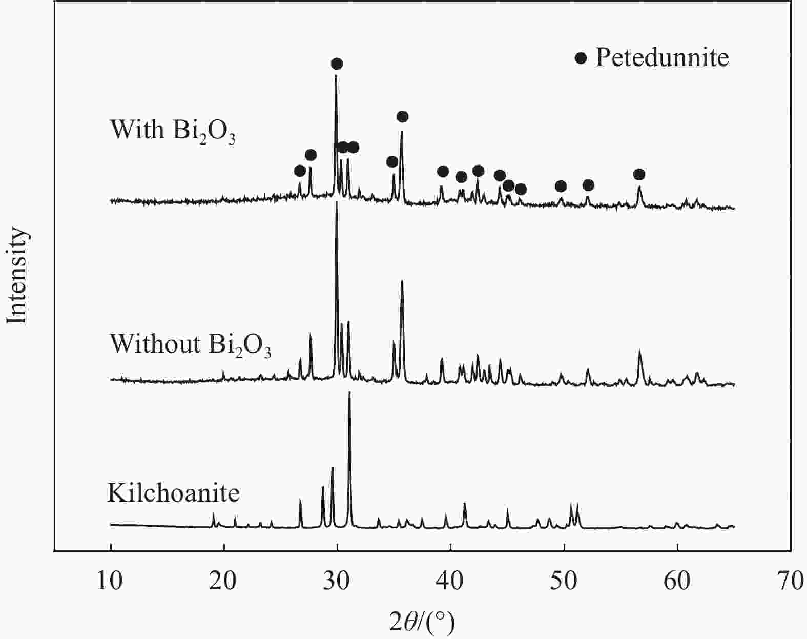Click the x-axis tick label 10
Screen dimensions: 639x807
110,583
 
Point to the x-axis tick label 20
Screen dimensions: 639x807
224,583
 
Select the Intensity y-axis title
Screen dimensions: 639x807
17,276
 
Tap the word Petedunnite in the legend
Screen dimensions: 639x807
662,58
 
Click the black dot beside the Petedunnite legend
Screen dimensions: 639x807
581,58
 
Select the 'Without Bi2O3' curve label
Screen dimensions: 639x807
190,344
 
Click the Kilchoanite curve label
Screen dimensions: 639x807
174,493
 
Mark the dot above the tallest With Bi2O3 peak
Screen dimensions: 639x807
337,64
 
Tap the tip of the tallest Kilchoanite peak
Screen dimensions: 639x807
349,393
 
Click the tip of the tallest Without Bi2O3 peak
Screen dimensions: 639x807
336,202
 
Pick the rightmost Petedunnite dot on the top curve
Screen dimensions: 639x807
639,175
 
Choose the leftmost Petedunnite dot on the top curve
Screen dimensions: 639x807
300,171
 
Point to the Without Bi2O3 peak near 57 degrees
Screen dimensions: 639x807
639,351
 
